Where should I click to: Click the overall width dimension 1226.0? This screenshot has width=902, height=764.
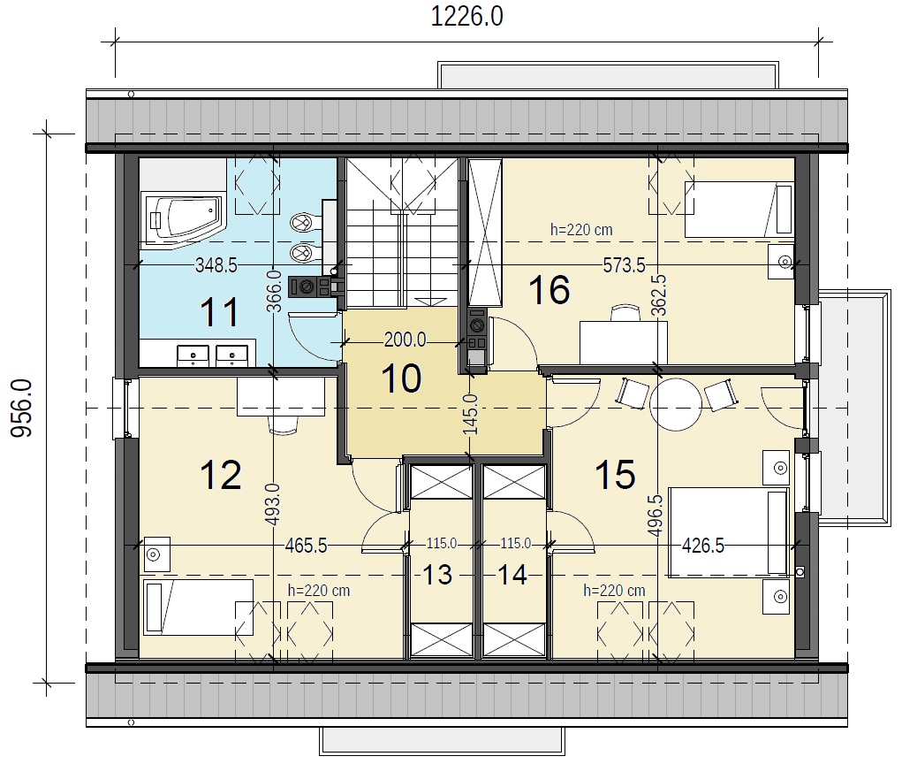466,16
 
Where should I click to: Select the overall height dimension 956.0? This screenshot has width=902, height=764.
22,408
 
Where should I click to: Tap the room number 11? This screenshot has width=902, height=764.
219,312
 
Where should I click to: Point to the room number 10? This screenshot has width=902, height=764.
401,378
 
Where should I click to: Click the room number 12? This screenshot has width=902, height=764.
220,475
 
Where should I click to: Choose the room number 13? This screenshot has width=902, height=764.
437,575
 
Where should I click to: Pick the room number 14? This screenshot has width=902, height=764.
512,575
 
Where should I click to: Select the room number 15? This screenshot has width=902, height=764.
615,475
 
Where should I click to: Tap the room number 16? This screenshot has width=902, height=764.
550,289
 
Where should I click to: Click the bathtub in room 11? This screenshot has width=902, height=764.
183,218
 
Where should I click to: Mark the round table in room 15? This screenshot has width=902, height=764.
676,404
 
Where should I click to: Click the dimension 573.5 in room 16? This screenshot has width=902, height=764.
624,265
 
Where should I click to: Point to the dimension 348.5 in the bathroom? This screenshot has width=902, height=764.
216,265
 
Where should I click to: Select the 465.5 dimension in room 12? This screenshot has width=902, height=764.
306,546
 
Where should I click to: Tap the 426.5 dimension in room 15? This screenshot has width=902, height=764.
703,545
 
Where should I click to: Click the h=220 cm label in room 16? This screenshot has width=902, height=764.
581,230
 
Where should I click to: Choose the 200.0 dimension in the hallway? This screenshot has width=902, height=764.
405,340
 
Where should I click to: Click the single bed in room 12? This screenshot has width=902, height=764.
199,607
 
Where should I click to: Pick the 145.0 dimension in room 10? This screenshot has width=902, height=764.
470,414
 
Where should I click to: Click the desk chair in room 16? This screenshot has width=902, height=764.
625,313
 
